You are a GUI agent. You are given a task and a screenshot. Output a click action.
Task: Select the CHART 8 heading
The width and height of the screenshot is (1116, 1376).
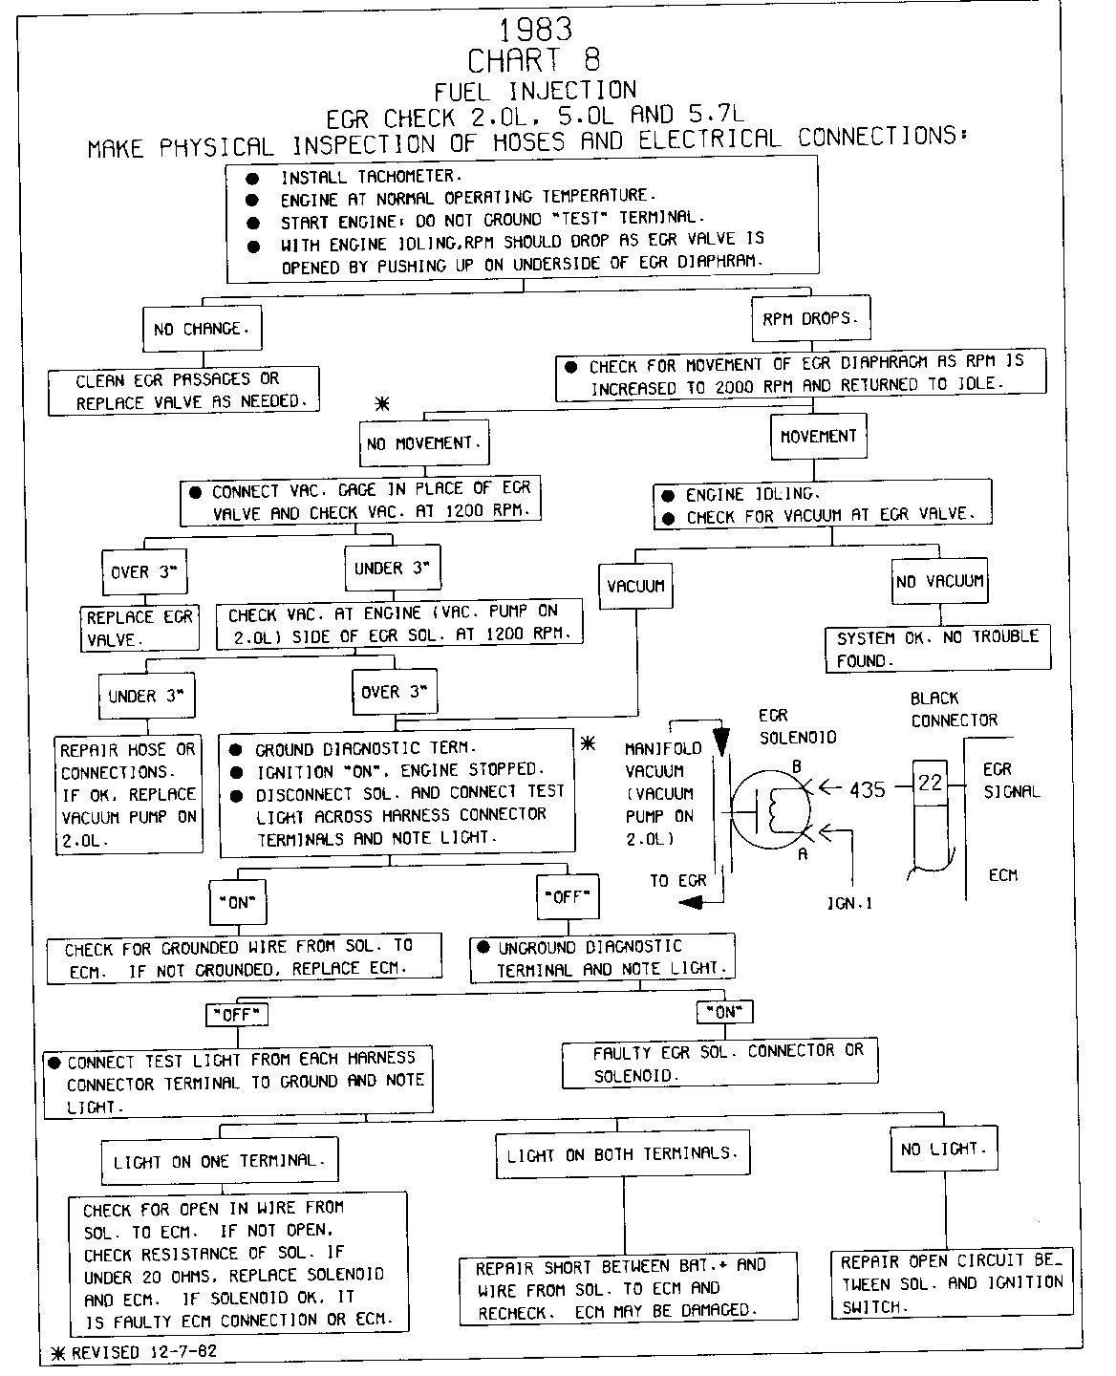click(x=534, y=60)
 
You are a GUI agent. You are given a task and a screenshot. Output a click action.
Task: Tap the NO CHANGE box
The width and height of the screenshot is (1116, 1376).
click(x=202, y=329)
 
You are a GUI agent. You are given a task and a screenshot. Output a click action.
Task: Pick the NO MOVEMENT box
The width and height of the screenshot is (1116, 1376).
click(x=425, y=443)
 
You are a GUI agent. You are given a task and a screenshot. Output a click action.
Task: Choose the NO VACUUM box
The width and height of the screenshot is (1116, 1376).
click(x=939, y=581)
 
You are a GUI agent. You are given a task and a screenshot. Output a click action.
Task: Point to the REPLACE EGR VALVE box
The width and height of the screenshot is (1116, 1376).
click(x=139, y=628)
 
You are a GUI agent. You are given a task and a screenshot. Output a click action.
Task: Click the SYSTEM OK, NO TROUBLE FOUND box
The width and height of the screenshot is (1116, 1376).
click(x=937, y=648)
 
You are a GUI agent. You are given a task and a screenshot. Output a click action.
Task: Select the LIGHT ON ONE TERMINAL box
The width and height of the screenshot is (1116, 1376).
click(x=219, y=1161)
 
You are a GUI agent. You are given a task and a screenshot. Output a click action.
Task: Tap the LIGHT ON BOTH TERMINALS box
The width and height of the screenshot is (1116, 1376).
click(x=622, y=1154)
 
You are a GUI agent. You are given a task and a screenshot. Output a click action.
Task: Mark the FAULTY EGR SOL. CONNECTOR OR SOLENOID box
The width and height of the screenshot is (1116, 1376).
click(x=719, y=1063)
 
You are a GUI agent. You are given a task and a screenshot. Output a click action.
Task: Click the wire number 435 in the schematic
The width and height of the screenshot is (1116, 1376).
click(x=867, y=789)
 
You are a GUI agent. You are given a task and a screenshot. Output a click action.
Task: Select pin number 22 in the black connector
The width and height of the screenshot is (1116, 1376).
click(x=930, y=783)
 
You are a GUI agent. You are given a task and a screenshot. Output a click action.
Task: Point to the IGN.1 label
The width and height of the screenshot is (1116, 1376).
click(x=849, y=901)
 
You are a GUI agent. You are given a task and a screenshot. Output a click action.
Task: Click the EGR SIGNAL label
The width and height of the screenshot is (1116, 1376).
click(x=1011, y=780)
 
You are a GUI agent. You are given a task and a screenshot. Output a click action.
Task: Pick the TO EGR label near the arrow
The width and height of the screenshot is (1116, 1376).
click(x=677, y=881)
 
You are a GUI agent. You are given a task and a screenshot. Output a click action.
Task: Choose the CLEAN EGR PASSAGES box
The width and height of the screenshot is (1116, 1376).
click(x=183, y=391)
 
